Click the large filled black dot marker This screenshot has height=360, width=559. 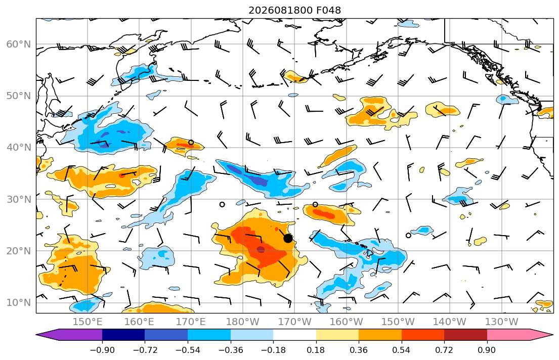pos(288,239)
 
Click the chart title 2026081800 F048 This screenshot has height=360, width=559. pos(294,10)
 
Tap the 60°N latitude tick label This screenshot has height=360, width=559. pos(19,44)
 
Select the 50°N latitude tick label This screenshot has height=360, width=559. pos(19,96)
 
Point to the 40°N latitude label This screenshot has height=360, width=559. pos(19,147)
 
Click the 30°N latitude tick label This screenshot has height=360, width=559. pos(19,199)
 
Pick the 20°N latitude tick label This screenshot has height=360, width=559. pos(19,251)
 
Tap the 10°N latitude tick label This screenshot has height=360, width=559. pos(19,302)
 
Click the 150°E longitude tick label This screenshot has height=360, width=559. pos(88,322)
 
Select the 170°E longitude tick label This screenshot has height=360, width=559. pos(191,322)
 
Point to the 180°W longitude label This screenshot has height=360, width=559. pos(243,322)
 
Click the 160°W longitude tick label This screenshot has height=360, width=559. pos(346,322)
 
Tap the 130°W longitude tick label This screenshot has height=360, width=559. pos(502,322)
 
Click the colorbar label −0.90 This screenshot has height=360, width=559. pos(102,350)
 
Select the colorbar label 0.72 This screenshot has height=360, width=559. pos(444,350)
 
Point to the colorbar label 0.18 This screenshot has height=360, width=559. pos(316,350)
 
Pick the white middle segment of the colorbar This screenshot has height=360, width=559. pos(294,335)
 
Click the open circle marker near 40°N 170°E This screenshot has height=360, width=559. pos(191,143)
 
